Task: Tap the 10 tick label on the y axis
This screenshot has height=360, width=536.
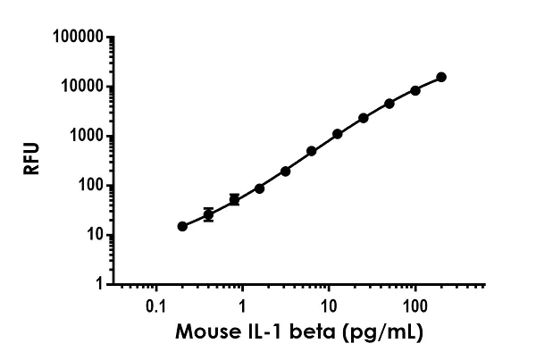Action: pyautogui.click(x=88, y=235)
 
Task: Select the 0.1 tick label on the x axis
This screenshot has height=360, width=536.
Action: pyautogui.click(x=155, y=304)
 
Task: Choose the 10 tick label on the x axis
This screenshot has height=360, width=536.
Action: pyautogui.click(x=328, y=304)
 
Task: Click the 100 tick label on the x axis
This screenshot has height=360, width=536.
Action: pyautogui.click(x=415, y=304)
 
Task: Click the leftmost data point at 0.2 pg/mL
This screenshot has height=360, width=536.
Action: pyautogui.click(x=182, y=226)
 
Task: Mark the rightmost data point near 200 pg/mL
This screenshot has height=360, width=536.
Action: pyautogui.click(x=441, y=78)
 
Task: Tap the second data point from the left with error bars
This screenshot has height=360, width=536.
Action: pyautogui.click(x=208, y=214)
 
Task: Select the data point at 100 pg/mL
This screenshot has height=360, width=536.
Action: pyautogui.click(x=415, y=90)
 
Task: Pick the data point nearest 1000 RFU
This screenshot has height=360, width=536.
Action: pyautogui.click(x=338, y=134)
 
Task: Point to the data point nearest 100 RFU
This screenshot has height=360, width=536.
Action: pyautogui.click(x=259, y=188)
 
